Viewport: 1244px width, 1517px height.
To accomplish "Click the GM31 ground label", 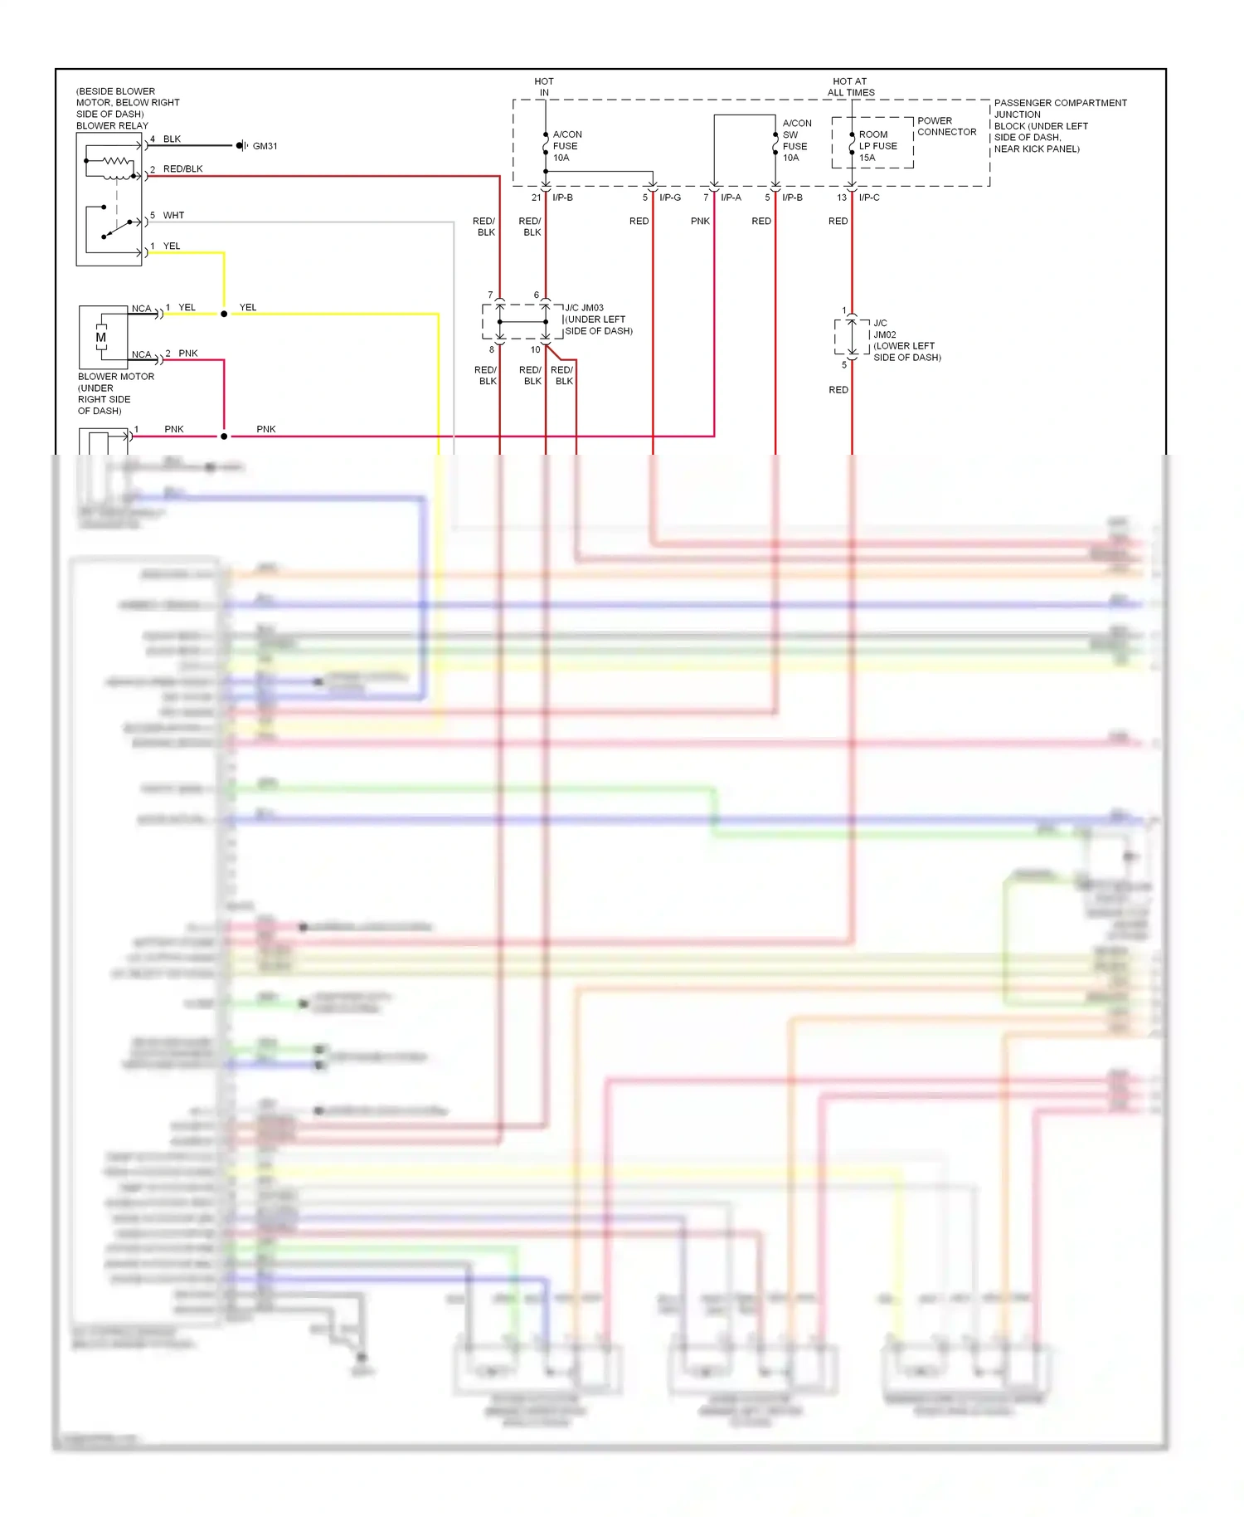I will click(x=265, y=146).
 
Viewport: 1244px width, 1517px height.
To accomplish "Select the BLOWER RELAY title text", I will click(x=112, y=126).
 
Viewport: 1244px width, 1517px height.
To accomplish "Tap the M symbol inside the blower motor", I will click(x=101, y=338).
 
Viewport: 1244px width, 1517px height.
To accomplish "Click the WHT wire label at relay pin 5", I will click(x=173, y=216).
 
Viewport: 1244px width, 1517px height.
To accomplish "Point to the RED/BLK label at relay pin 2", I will click(x=182, y=169).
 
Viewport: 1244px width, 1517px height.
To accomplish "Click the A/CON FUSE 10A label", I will click(x=566, y=146).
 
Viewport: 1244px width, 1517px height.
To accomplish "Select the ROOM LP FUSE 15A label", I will click(x=877, y=146).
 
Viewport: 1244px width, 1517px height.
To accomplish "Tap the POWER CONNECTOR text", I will click(x=946, y=126).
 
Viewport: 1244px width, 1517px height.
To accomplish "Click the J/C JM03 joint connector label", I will click(x=584, y=308).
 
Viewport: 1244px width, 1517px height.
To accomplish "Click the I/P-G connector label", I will click(x=670, y=198).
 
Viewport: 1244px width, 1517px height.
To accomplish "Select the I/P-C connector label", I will click(x=869, y=198).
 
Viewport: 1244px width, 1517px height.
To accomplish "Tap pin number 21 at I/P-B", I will click(x=536, y=198).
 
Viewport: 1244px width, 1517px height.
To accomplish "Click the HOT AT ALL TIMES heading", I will click(x=850, y=87).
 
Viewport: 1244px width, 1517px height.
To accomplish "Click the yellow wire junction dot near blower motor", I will click(x=224, y=315).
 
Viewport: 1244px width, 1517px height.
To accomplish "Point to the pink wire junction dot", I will click(x=224, y=437).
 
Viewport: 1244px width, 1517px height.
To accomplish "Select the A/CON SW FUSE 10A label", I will click(x=796, y=140).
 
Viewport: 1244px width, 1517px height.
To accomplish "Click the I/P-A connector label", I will click(x=731, y=198).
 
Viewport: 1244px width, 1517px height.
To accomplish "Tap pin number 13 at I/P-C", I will click(x=842, y=198).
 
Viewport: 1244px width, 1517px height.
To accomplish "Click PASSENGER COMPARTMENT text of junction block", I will click(x=1060, y=103).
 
